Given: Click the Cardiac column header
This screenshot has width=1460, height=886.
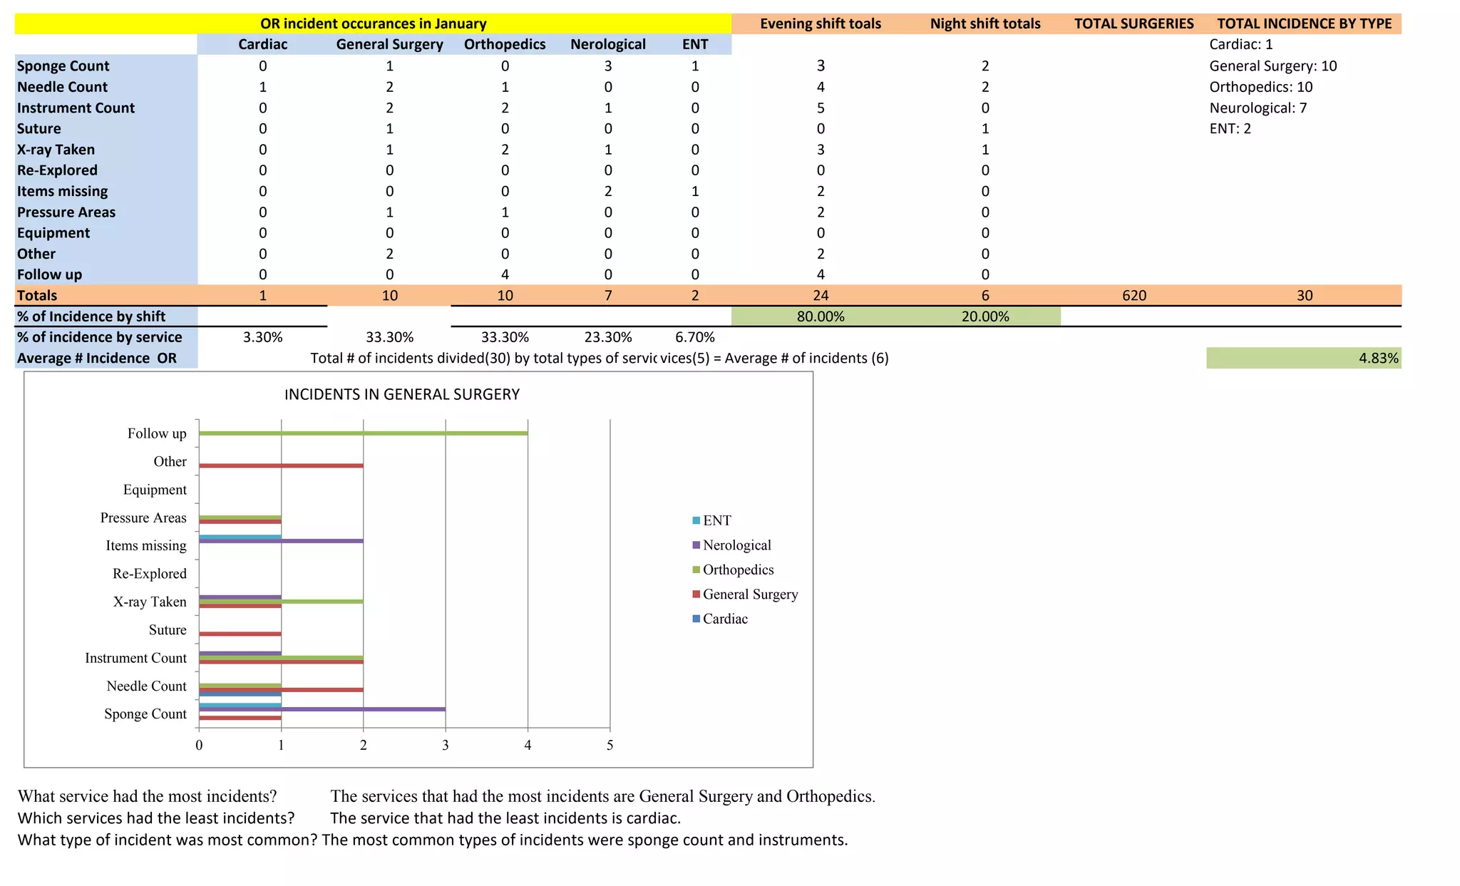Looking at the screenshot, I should point(262,44).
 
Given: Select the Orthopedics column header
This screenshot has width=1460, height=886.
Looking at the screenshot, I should point(505,44).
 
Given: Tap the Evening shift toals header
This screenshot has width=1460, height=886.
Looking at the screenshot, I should point(820,24).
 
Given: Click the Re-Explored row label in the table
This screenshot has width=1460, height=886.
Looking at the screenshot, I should point(57,170).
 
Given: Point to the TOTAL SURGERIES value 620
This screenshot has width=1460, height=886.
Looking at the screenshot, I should point(1133,296).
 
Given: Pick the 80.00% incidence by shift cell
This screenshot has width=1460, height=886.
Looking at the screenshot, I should point(821,316).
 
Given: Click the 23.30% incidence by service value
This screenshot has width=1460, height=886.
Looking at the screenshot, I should point(608,337).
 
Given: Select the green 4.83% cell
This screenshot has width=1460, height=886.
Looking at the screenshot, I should point(1303,358).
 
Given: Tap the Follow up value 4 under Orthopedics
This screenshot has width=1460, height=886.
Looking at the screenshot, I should point(505,274).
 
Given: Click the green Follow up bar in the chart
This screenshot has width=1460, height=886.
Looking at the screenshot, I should point(364,433).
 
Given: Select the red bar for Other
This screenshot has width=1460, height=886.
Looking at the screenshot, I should point(281,465).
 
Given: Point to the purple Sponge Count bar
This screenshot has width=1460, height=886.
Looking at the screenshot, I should point(322,709).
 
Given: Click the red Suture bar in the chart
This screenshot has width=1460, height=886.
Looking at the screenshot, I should point(240,634).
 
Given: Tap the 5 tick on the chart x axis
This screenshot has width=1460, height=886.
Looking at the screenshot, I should point(610,746).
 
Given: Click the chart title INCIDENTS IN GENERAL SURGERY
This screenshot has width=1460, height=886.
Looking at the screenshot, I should point(402,395).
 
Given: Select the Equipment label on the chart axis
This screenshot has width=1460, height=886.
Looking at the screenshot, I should point(155,490).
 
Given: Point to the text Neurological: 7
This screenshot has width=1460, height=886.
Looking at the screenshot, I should point(1258,108).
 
